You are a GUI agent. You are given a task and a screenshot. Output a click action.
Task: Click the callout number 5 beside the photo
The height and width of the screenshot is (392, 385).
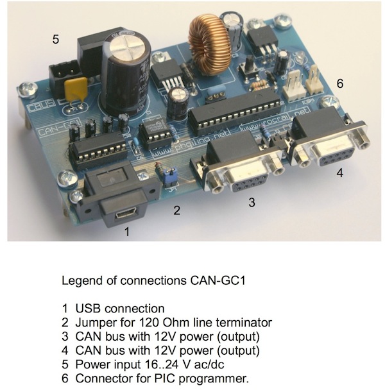(56, 39)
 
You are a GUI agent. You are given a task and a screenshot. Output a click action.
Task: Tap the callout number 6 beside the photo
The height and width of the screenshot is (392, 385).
(340, 83)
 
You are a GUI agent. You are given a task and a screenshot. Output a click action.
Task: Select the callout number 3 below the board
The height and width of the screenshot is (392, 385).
(252, 202)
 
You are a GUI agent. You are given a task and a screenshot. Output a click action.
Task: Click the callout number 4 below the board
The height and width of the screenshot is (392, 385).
(339, 172)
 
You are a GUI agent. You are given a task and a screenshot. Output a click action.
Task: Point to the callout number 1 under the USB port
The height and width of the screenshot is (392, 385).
(126, 232)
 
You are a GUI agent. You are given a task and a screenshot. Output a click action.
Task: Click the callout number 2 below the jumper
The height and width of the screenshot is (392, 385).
(176, 209)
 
